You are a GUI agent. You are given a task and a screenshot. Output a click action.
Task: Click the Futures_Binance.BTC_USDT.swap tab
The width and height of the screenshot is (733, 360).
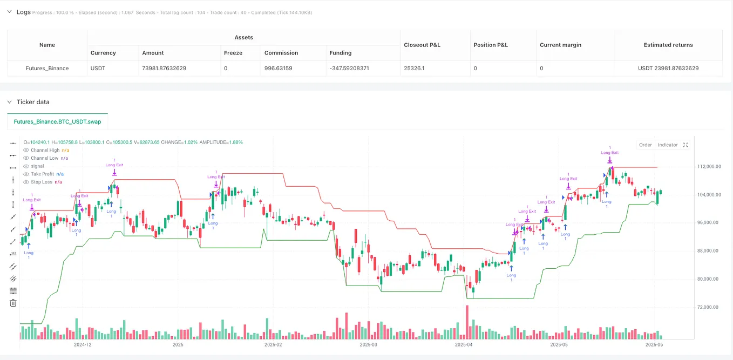57,121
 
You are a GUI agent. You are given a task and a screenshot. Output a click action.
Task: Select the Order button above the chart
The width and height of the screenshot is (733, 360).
646,145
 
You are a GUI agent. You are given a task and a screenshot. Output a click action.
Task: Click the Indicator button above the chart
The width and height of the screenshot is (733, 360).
668,145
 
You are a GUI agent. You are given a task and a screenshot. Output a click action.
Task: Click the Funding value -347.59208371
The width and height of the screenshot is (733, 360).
349,69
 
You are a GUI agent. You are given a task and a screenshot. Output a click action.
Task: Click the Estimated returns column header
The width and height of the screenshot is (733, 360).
668,45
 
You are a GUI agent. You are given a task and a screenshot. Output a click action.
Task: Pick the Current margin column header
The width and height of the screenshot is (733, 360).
560,45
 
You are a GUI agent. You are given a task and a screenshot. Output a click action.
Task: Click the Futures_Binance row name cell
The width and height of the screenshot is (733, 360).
47,69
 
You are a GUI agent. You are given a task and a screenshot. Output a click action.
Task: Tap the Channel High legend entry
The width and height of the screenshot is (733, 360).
45,150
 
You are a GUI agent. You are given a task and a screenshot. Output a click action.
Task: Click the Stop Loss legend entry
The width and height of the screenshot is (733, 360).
42,182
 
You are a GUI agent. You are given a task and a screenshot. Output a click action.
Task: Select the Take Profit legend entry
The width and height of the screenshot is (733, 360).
43,174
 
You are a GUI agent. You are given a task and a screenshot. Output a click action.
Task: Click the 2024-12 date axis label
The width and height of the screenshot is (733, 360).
83,344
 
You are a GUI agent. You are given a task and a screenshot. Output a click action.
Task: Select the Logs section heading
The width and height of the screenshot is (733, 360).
24,11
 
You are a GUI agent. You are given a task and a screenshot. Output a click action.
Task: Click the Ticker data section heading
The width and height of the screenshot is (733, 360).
33,102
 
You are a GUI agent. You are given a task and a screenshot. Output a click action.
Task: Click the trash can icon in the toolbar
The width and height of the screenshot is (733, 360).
13,303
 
